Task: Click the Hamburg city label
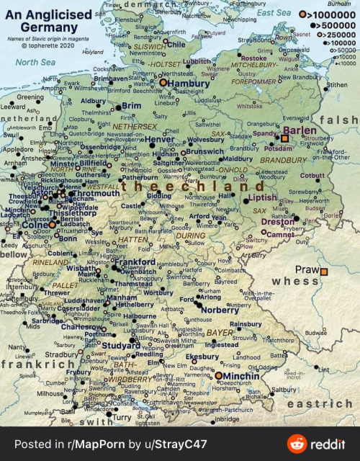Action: click(189, 84)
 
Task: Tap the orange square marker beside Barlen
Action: click(284, 138)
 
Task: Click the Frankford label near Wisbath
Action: click(135, 262)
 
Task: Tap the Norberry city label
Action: click(220, 310)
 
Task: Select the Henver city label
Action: click(160, 139)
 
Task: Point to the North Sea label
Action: click(36, 62)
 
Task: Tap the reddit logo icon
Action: click(296, 444)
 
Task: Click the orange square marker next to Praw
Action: click(324, 272)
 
